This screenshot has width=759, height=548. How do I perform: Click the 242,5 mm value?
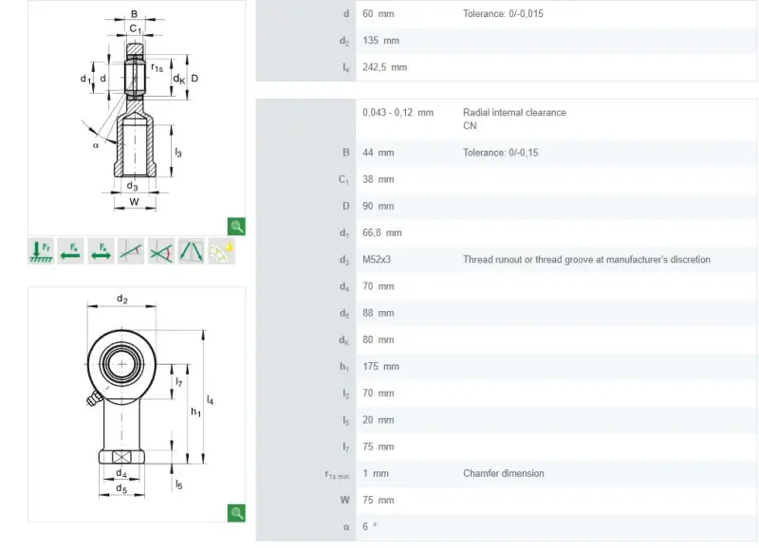click(x=385, y=67)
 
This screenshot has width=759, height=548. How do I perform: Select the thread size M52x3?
click(x=377, y=259)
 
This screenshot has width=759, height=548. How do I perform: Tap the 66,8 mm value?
click(x=382, y=232)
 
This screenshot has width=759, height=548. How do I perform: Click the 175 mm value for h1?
click(x=381, y=366)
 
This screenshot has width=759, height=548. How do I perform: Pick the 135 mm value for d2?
click(x=381, y=40)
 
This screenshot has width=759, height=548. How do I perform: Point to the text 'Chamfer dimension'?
click(x=504, y=473)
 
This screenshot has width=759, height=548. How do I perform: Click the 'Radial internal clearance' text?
click(x=514, y=112)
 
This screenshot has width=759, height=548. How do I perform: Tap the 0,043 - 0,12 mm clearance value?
click(x=398, y=112)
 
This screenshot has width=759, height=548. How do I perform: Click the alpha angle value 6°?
click(x=369, y=526)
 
